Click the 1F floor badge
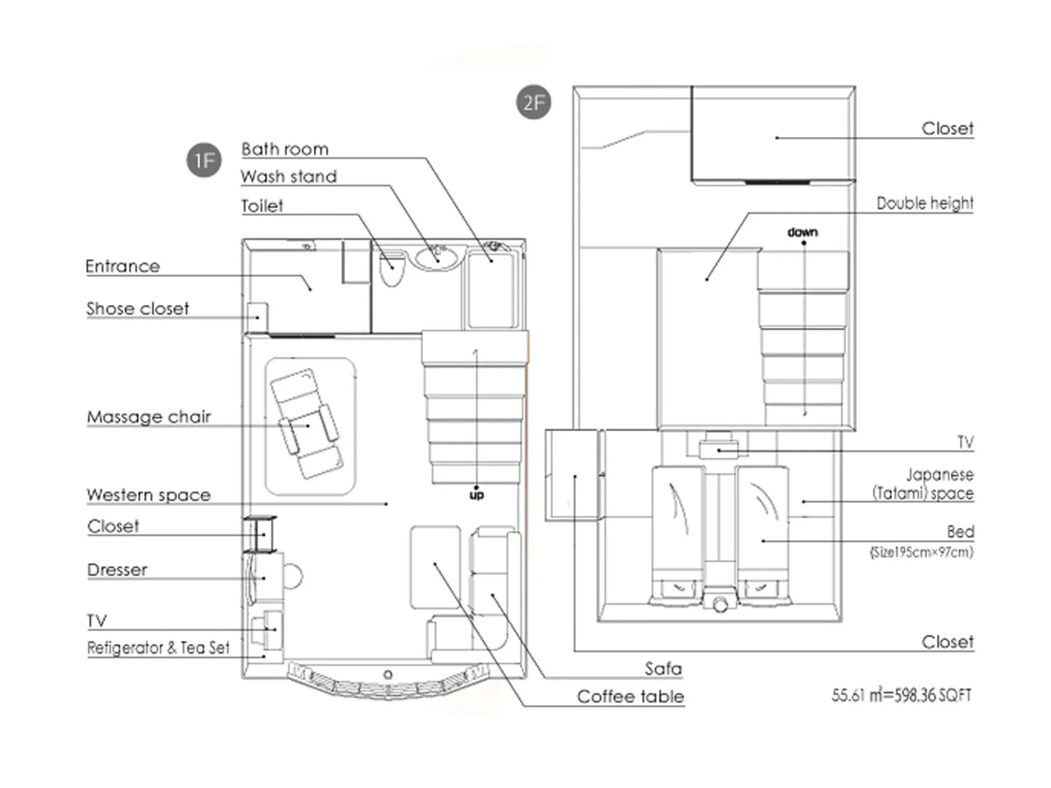(x=204, y=160)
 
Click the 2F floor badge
(x=533, y=102)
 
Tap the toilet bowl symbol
(x=392, y=269)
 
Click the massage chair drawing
(x=307, y=424)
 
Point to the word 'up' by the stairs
(x=476, y=495)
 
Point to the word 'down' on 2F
(x=803, y=232)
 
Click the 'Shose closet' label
(x=138, y=309)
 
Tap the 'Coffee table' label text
(x=631, y=697)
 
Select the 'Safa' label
(x=663, y=669)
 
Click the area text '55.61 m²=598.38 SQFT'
(x=901, y=695)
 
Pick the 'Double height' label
(x=924, y=203)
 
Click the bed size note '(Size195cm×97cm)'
(x=921, y=552)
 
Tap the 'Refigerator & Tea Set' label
(x=158, y=647)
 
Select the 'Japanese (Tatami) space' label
(x=923, y=484)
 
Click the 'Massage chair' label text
(x=149, y=417)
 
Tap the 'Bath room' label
(x=285, y=149)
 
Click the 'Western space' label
(x=149, y=495)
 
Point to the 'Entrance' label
(x=123, y=266)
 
